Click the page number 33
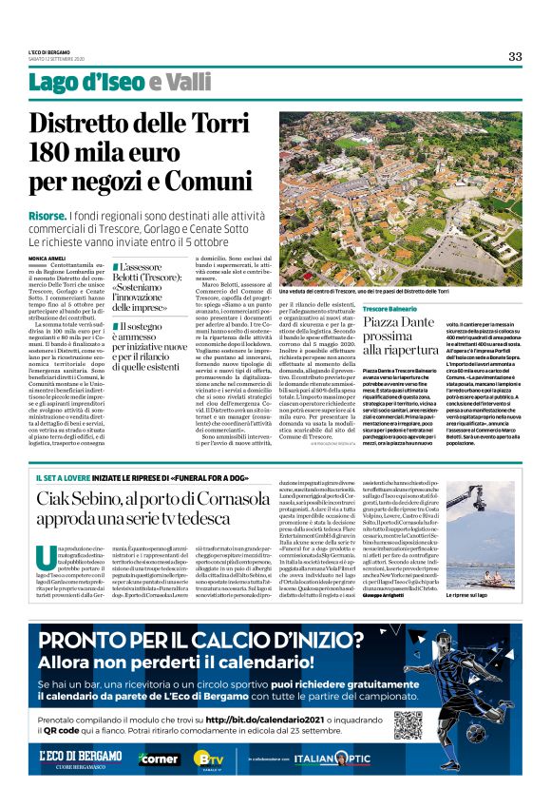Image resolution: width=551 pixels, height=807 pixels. click(x=515, y=56)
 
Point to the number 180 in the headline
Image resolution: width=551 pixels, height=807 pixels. click(x=86, y=151)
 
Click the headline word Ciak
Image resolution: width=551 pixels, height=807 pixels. click(x=59, y=501)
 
